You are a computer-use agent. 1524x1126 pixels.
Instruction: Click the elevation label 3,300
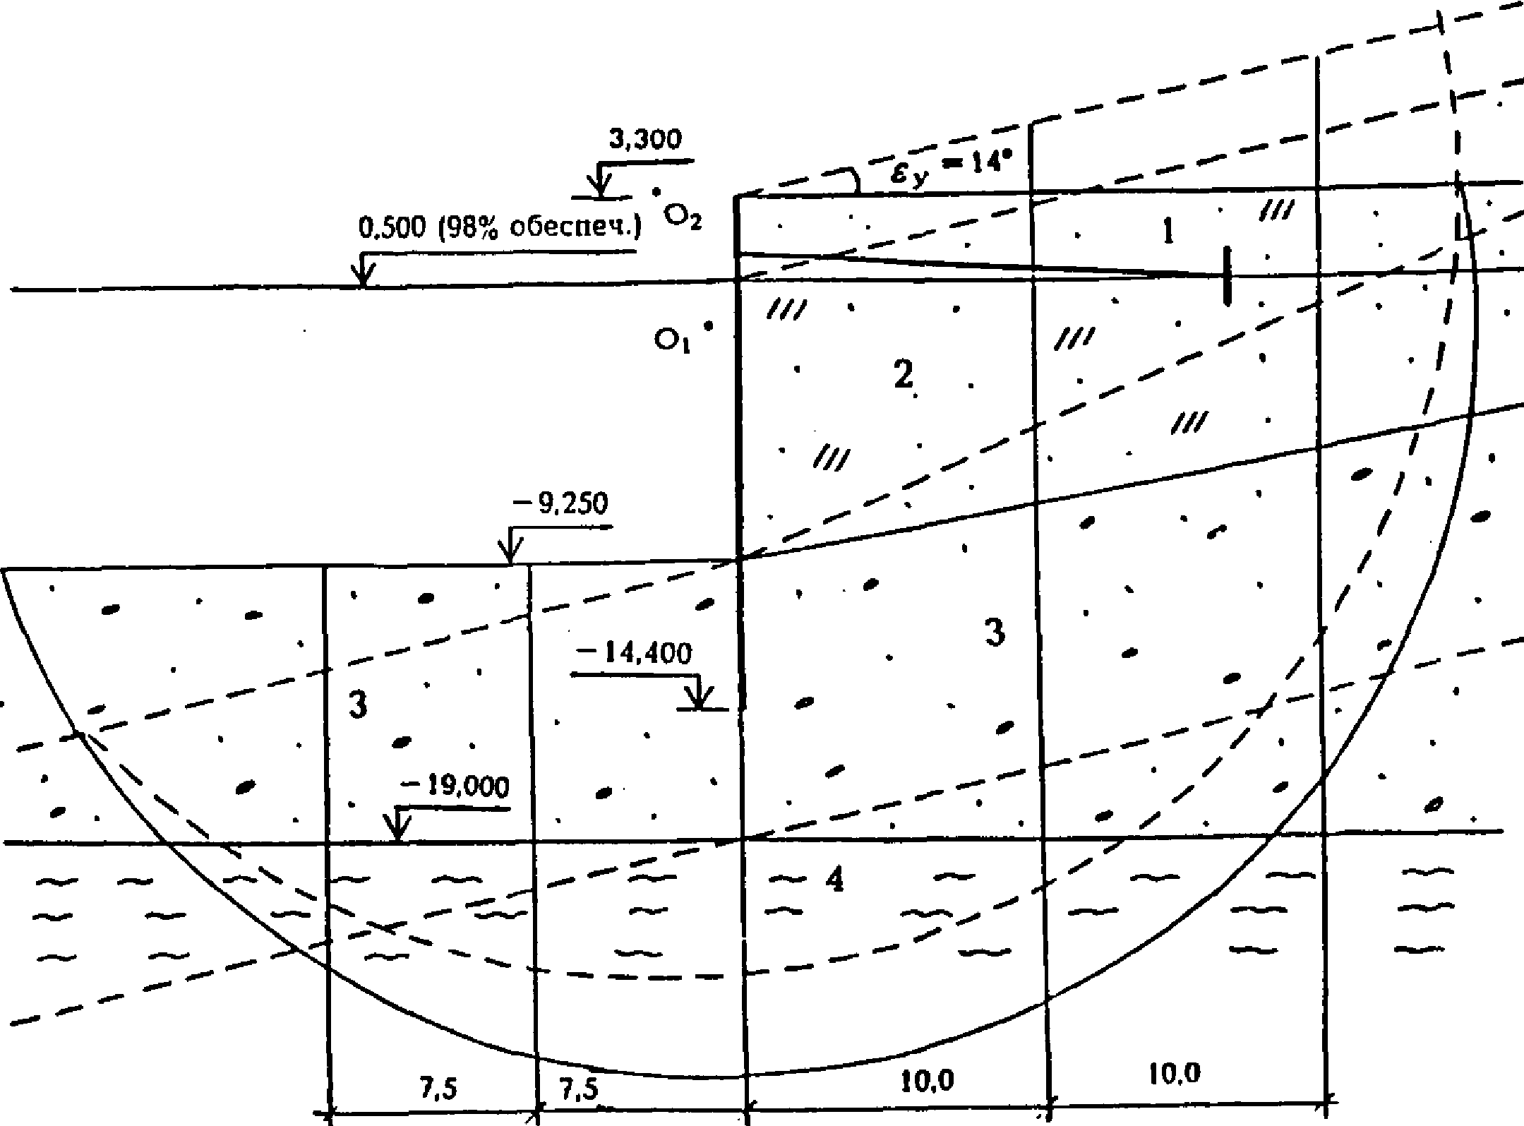click(645, 140)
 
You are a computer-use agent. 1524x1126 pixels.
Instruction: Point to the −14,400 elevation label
click(634, 654)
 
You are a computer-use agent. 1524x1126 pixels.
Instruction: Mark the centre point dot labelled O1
click(709, 325)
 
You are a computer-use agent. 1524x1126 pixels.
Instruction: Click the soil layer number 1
click(1169, 232)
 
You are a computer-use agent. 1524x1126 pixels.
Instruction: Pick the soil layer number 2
click(903, 374)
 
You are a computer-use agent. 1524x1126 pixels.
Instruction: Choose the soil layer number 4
click(835, 880)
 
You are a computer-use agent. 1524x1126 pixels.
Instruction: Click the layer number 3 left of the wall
click(359, 705)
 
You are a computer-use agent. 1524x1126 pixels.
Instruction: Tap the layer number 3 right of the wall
click(995, 632)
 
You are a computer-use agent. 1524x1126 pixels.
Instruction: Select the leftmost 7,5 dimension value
click(439, 1089)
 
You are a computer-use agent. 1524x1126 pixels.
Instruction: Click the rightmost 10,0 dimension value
click(1174, 1074)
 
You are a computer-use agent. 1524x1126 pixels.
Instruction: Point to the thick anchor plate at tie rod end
click(1228, 275)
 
